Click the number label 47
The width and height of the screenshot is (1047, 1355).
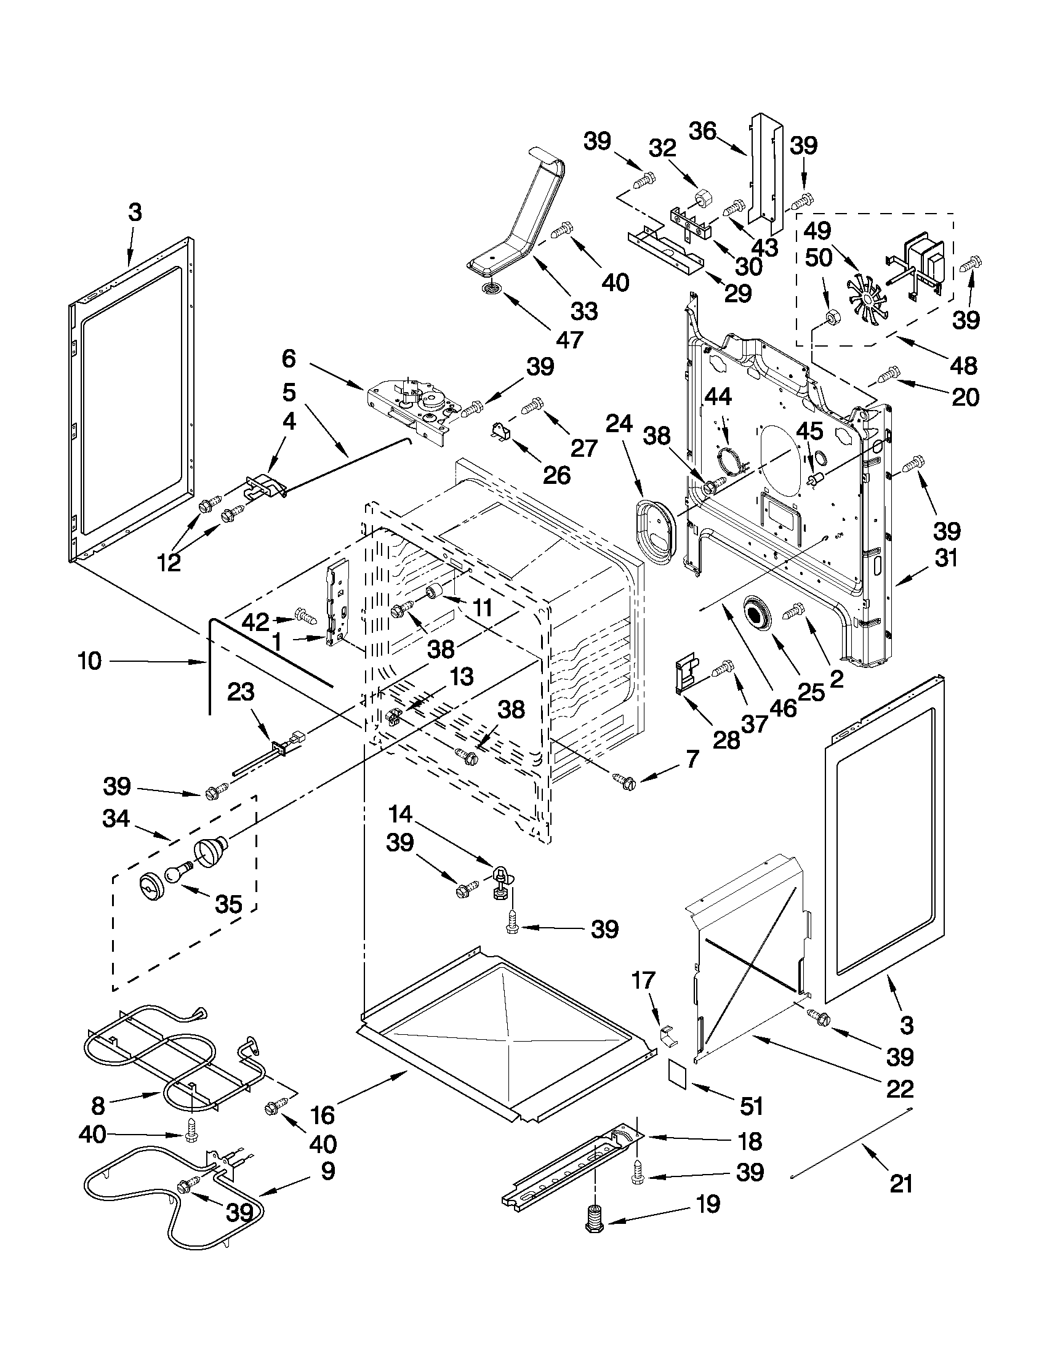[x=569, y=339]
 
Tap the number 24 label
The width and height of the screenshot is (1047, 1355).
[x=619, y=424]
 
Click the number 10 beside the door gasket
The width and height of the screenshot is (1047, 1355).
[x=90, y=661]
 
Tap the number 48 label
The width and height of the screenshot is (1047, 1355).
[x=963, y=366]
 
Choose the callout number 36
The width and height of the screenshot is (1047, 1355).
[x=703, y=132]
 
